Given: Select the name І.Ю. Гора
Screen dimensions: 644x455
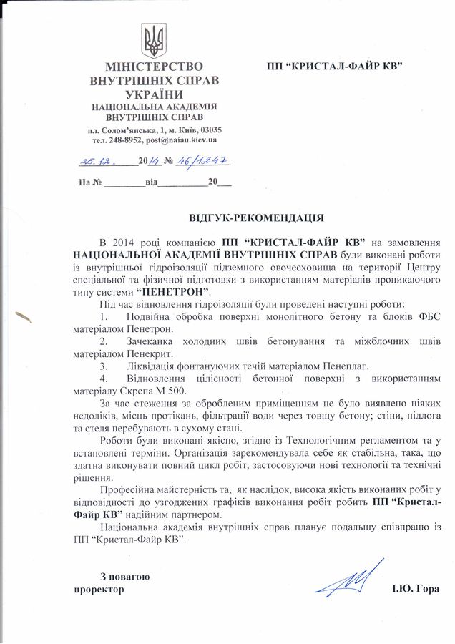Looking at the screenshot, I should click(416, 590).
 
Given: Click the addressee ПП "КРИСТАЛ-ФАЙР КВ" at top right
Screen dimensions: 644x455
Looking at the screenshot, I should click(333, 66).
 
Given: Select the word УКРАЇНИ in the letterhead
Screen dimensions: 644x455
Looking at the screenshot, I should click(154, 94).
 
